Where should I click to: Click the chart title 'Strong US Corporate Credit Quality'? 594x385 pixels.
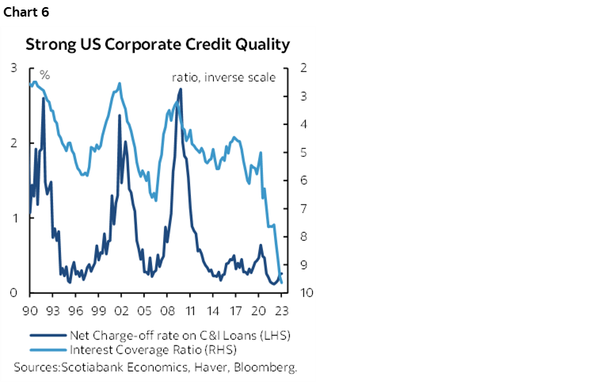[158, 44]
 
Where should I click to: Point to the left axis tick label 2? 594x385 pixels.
[14, 143]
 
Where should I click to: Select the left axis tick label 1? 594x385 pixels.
[14, 218]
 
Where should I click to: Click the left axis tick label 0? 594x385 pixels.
[14, 292]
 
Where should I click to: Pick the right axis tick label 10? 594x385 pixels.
[306, 292]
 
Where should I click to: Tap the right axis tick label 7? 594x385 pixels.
[304, 208]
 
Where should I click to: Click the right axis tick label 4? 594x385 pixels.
[304, 124]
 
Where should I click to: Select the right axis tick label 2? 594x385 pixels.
[304, 69]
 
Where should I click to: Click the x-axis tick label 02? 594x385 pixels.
[121, 311]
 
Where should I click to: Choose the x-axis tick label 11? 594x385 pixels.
[190, 311]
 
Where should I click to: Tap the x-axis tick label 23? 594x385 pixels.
[282, 311]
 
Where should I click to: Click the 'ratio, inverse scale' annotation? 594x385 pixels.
[223, 78]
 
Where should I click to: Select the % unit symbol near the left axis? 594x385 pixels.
[45, 75]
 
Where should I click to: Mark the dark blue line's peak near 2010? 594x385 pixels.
[181, 89]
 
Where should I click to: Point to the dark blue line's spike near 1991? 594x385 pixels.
[43, 97]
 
